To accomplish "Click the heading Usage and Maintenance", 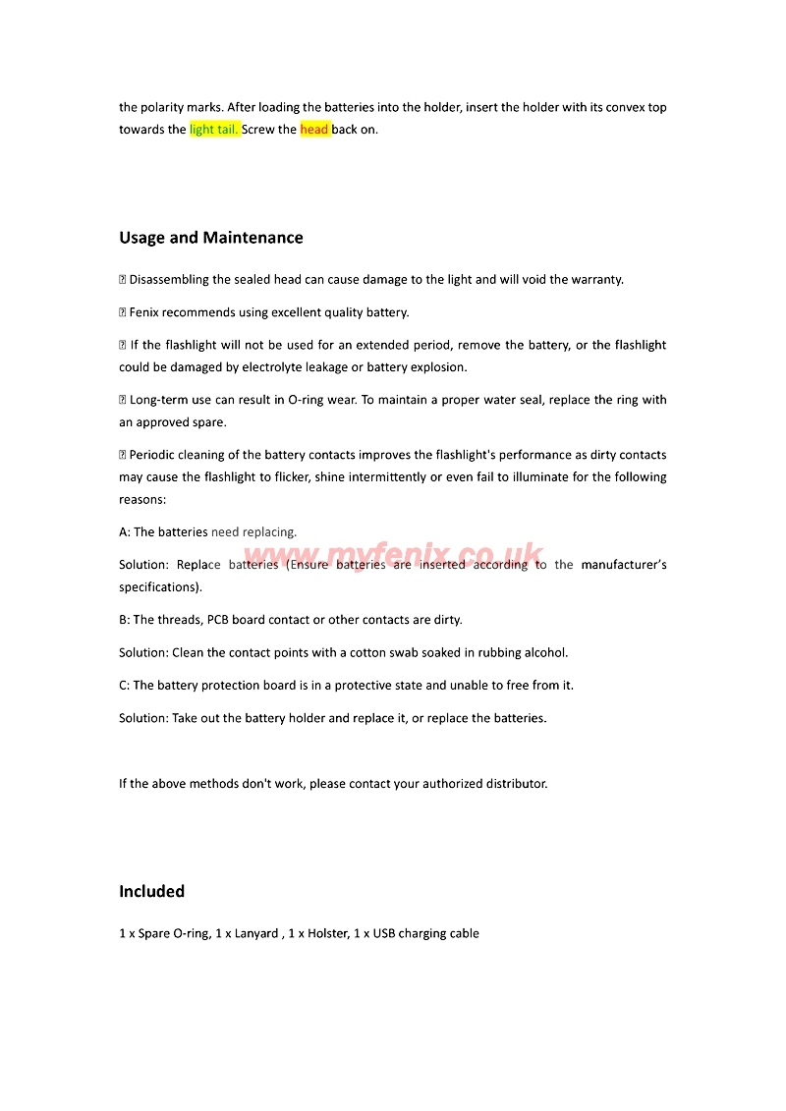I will [210, 238].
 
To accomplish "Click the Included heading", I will [151, 891].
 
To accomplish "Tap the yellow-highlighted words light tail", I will [214, 130].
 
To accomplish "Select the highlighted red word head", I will [314, 130].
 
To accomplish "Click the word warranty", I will [593, 280].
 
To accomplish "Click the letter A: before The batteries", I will [125, 532].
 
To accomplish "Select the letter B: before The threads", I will [125, 620].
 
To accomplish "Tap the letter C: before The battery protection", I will [125, 686].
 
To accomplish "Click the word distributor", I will [511, 784].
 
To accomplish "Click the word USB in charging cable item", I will [384, 933].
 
